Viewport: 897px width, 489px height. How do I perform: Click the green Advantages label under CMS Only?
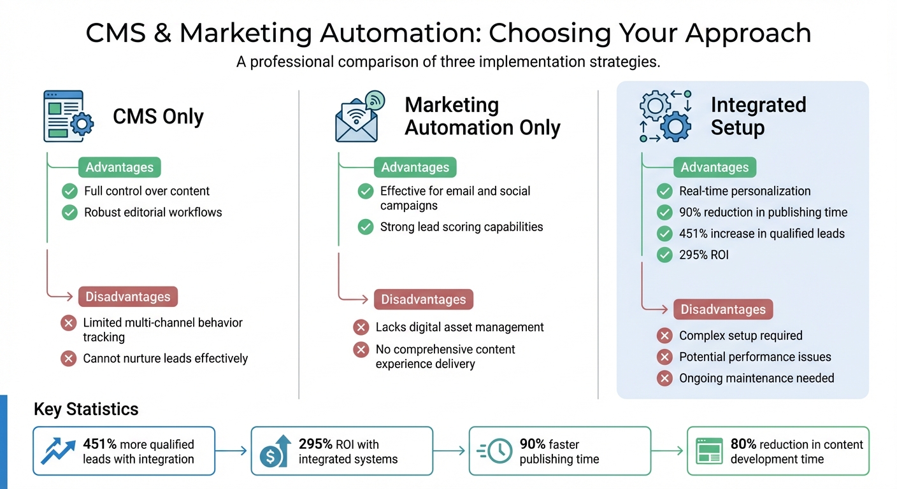coord(120,167)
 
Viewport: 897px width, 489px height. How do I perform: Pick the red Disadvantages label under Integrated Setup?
coord(723,309)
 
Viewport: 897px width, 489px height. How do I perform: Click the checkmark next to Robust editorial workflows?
coord(69,213)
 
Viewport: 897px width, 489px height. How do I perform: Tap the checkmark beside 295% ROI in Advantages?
coord(664,255)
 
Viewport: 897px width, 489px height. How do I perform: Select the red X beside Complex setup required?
coord(664,336)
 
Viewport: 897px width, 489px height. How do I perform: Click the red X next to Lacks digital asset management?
coord(361,327)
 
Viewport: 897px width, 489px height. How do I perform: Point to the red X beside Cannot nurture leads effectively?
coord(68,358)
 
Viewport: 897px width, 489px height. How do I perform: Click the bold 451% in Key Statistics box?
coord(100,444)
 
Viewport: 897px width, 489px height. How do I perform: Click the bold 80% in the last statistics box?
coord(743,444)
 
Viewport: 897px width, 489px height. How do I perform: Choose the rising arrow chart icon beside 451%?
coord(57,451)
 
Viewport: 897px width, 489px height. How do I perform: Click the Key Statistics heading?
coord(86,409)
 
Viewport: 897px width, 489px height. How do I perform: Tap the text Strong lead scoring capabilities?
coord(461,227)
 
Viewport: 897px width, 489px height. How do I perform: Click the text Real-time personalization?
coord(745,191)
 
